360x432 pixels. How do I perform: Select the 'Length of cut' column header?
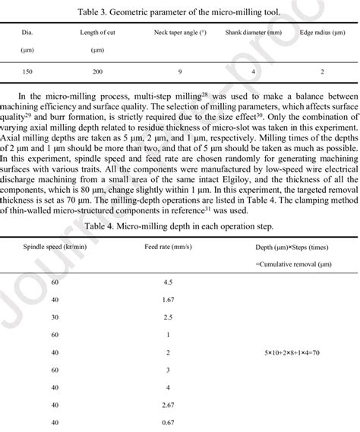tap(96, 33)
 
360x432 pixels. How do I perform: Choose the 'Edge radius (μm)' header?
tap(322, 33)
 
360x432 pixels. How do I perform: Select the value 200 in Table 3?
tap(96, 71)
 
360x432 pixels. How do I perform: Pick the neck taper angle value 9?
tap(179, 71)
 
